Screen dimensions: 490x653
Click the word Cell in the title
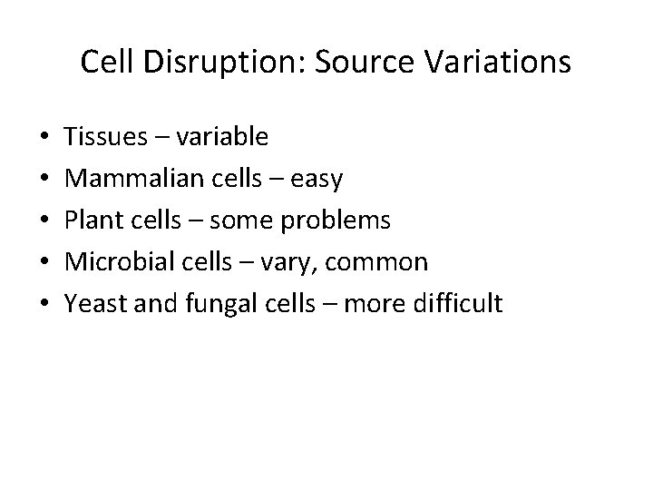click(x=103, y=62)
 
